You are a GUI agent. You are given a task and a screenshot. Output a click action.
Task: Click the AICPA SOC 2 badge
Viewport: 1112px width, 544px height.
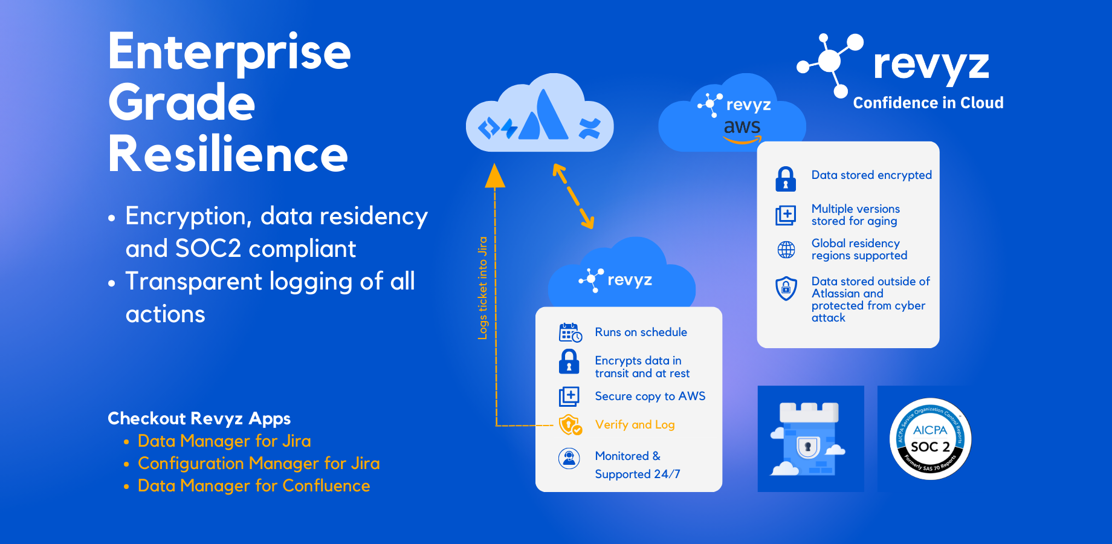coord(930,439)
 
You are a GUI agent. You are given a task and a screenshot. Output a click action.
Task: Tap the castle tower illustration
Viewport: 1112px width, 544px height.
coord(809,439)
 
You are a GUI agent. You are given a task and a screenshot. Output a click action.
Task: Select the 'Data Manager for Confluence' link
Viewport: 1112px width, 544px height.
coord(254,486)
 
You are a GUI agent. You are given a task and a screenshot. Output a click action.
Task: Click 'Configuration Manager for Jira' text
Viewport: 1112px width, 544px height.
coord(259,464)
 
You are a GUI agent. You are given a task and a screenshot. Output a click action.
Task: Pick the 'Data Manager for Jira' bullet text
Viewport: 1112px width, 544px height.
coord(224,441)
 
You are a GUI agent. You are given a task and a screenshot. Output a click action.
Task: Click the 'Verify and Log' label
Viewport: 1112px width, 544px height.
coord(635,425)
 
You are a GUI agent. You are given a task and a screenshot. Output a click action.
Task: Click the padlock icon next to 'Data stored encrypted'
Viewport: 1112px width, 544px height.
coord(786,179)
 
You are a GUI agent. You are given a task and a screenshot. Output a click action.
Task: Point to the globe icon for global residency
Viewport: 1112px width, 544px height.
coord(786,250)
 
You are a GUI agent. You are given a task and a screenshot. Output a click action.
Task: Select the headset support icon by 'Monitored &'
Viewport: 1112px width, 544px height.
coord(569,459)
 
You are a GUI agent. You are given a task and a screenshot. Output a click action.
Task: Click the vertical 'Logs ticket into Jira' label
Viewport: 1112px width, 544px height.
coord(483,288)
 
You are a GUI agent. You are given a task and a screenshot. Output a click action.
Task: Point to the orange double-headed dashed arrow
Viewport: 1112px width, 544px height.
coord(573,196)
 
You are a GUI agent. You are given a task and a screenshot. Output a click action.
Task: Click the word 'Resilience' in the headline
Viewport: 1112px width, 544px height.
coord(228,154)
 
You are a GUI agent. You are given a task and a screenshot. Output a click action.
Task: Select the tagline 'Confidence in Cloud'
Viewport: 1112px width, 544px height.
coord(928,103)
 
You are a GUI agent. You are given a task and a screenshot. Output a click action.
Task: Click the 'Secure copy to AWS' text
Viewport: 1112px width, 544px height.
coord(650,396)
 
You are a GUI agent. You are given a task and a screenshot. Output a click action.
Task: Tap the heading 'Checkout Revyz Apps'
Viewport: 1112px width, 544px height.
coord(199,418)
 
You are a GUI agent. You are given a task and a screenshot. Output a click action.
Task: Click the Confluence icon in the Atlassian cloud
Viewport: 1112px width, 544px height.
coord(590,128)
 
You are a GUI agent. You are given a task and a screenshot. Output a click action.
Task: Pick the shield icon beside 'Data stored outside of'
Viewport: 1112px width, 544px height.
coord(786,288)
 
